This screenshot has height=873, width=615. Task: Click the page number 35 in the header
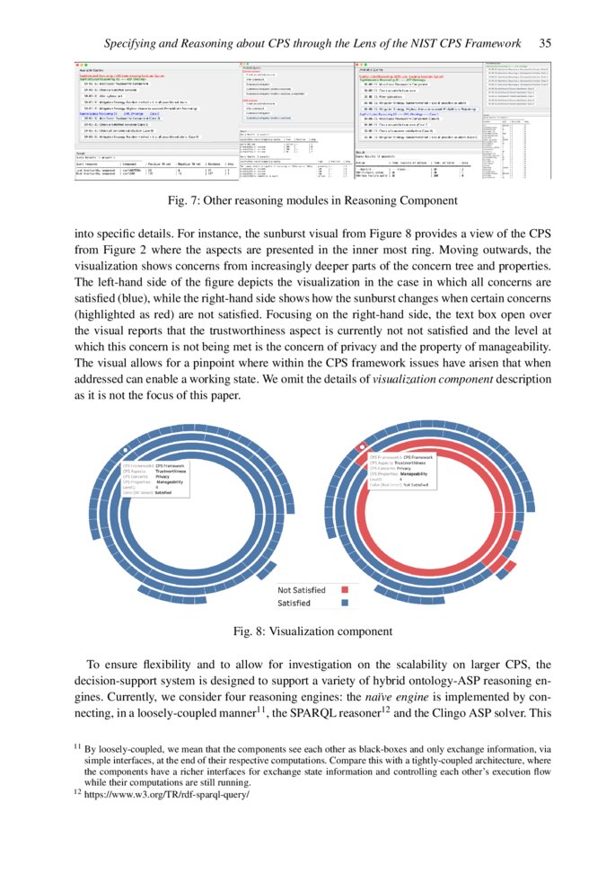[545, 42]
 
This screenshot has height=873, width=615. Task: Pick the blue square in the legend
[344, 604]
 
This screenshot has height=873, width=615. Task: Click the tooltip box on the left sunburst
[154, 480]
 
